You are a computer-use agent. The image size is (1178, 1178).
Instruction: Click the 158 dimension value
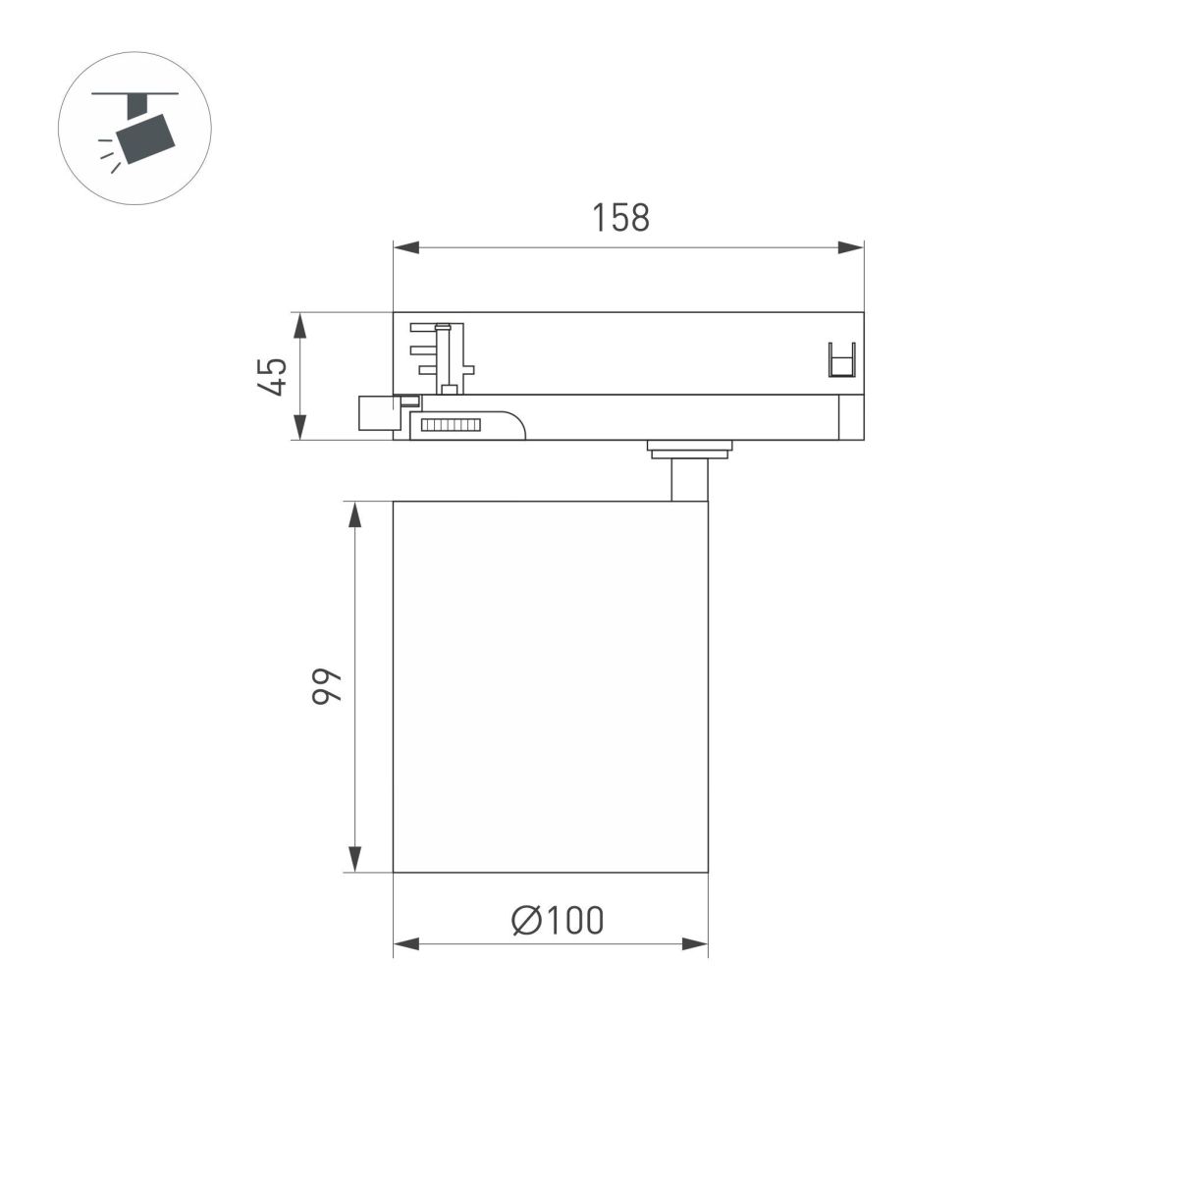[x=620, y=218]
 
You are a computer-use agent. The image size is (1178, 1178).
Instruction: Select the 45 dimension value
[x=274, y=376]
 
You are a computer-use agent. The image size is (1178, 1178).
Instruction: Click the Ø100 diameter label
[x=558, y=920]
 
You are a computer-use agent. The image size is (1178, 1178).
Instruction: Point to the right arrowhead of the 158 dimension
[x=851, y=247]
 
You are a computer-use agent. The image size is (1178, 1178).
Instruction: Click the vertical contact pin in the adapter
[x=448, y=358]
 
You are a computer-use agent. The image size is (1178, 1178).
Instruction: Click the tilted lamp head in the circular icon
[x=144, y=137]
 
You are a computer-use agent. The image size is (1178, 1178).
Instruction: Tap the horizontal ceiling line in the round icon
[x=135, y=94]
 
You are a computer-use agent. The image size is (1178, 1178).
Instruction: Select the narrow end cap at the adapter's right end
[x=850, y=417]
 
